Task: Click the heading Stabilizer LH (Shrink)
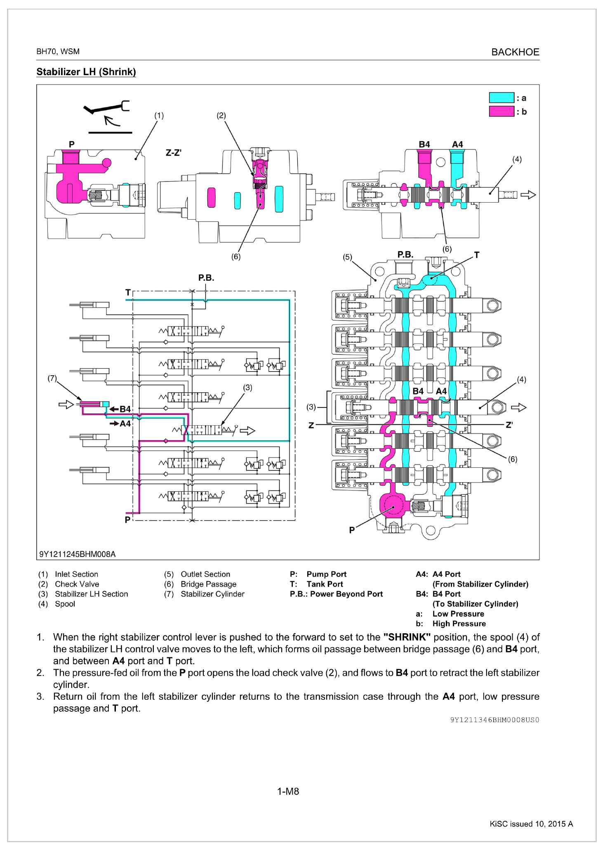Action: pos(86,72)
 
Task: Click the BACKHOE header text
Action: pos(515,52)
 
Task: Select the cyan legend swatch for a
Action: pos(501,98)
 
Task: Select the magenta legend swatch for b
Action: pos(501,111)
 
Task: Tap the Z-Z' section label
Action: pos(174,153)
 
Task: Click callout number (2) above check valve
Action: pos(221,116)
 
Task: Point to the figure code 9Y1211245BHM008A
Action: pos(78,554)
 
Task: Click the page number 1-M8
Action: pos(288,791)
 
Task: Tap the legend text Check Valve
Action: pos(77,584)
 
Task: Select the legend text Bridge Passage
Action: pos(209,584)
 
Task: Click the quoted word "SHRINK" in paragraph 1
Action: pos(407,637)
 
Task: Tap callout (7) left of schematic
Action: pos(52,378)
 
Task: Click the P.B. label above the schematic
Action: pos(206,278)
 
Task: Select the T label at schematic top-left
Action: pos(128,293)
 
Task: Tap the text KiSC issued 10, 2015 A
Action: pos(531,824)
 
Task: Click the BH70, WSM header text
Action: pos(58,52)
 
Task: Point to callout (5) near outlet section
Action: pos(348,257)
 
